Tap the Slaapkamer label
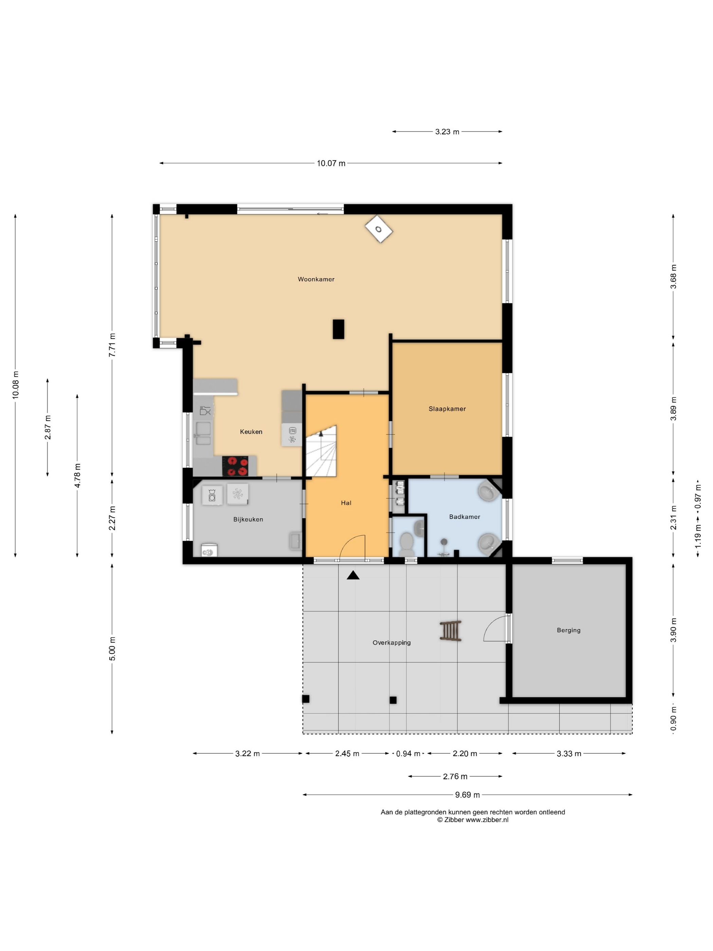447,409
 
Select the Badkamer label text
464,517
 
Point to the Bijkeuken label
248,519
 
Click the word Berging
569,630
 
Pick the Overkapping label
391,643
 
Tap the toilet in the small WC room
406,544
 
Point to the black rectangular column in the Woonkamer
338,329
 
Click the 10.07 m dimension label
331,163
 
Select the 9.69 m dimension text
467,795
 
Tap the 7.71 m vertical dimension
112,345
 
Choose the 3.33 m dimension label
569,754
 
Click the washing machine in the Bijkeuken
212,495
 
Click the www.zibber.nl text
487,820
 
